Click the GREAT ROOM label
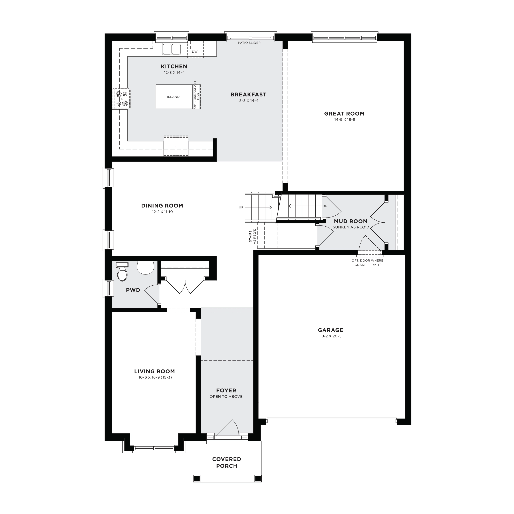click(x=344, y=114)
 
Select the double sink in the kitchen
click(x=172, y=49)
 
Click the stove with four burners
click(x=122, y=99)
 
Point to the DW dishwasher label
click(x=195, y=52)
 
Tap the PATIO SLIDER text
click(x=249, y=43)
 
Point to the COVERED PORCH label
click(x=227, y=462)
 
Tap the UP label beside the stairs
click(x=241, y=207)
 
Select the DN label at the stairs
click(x=325, y=206)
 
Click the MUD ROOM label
click(x=351, y=221)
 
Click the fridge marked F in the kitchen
click(x=176, y=146)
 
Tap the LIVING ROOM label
click(x=155, y=371)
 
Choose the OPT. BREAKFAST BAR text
click(x=196, y=95)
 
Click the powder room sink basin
click(x=146, y=267)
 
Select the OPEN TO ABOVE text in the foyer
click(x=226, y=396)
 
